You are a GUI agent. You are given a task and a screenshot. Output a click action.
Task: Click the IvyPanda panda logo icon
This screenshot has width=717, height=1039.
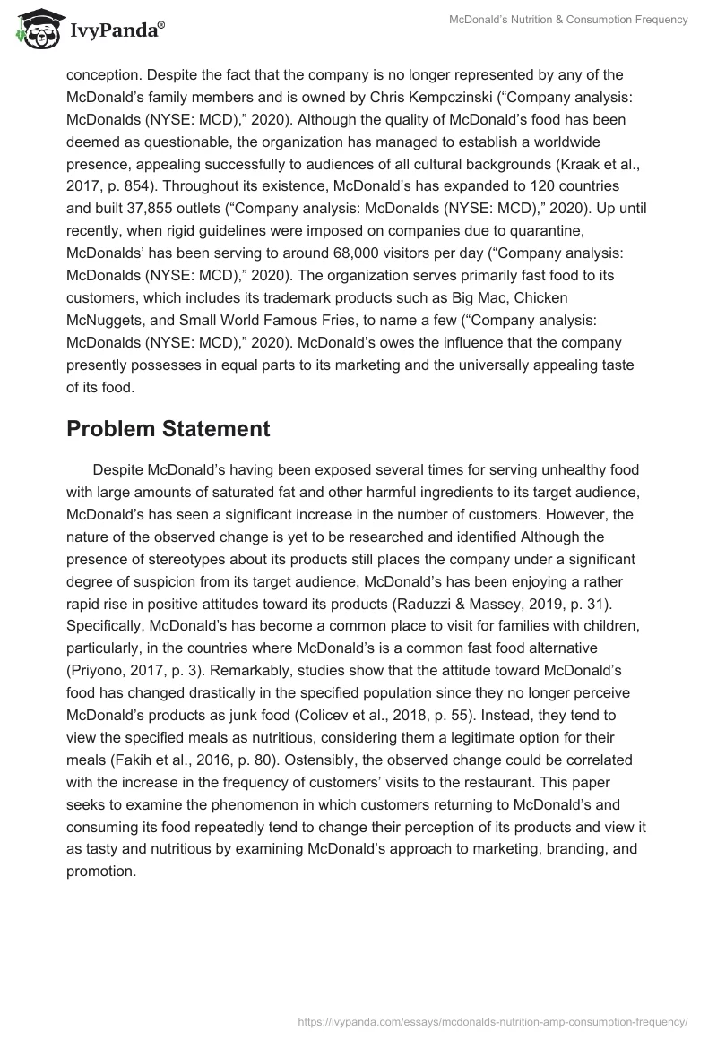click(36, 28)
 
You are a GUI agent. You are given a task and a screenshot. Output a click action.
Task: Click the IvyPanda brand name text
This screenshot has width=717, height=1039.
click(115, 30)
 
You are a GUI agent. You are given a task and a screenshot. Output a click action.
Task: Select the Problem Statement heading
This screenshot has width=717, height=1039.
click(168, 429)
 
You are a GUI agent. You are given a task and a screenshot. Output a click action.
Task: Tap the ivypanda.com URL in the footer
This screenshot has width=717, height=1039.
click(491, 1020)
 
